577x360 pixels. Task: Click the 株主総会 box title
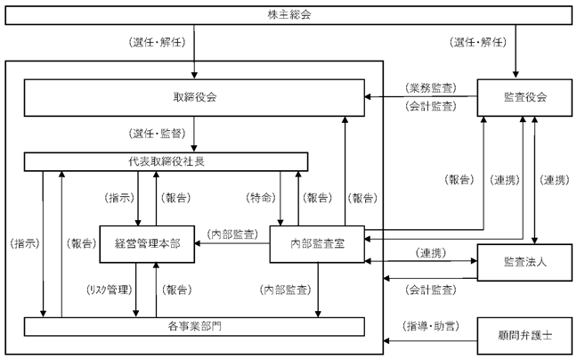click(289, 15)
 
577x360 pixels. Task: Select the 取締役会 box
click(194, 97)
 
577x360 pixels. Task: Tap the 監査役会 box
click(524, 97)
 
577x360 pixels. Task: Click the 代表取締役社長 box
click(166, 161)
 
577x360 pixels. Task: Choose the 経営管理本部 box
click(147, 244)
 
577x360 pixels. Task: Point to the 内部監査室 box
click(317, 244)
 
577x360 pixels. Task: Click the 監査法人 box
click(524, 262)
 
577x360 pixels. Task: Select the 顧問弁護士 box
click(524, 335)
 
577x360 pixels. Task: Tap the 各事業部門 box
click(194, 326)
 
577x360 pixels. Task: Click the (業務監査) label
click(431, 88)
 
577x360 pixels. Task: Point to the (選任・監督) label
click(157, 134)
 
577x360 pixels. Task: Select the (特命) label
click(261, 198)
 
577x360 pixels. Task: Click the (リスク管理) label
click(109, 290)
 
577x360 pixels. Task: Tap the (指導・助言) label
click(431, 326)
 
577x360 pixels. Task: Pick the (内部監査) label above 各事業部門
click(285, 290)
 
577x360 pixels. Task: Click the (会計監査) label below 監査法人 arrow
click(431, 290)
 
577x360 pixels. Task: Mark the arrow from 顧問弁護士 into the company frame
click(430, 341)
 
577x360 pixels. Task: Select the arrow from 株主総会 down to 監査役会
click(516, 51)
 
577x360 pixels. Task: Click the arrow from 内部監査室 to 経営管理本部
click(232, 243)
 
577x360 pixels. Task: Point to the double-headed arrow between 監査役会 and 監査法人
click(534, 180)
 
